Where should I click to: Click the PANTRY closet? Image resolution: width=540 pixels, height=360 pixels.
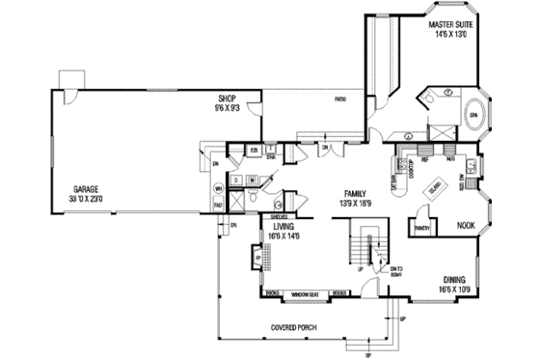420,229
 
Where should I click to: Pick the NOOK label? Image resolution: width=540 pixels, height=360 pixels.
466,225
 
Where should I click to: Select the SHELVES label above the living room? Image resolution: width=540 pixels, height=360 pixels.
282,216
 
